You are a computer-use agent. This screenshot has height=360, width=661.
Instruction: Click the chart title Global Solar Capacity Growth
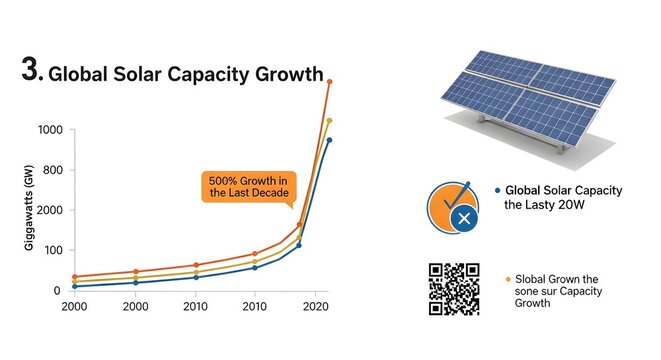pyautogui.click(x=185, y=75)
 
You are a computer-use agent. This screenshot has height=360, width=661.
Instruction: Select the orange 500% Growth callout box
pyautogui.click(x=248, y=186)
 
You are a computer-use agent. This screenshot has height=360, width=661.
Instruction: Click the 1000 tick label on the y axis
pyautogui.click(x=49, y=130)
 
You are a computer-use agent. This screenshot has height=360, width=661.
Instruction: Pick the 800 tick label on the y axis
pyautogui.click(x=52, y=170)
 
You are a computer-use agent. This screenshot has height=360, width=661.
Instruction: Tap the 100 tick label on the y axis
pyautogui.click(x=52, y=250)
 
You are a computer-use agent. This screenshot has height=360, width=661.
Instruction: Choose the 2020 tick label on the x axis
pyautogui.click(x=316, y=304)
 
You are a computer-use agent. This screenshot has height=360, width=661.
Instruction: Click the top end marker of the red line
pyautogui.click(x=329, y=81)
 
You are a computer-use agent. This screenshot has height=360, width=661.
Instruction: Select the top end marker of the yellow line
pyautogui.click(x=329, y=120)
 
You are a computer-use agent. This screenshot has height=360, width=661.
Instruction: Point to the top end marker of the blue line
pyautogui.click(x=329, y=140)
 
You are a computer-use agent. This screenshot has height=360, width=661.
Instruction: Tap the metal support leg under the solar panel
pyautogui.click(x=563, y=144)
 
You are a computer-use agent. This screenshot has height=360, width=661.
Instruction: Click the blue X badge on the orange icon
pyautogui.click(x=462, y=218)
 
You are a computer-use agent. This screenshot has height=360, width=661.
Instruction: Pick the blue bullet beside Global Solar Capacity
pyautogui.click(x=497, y=190)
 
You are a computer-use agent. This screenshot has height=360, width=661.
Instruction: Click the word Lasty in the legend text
pyautogui.click(x=545, y=205)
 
